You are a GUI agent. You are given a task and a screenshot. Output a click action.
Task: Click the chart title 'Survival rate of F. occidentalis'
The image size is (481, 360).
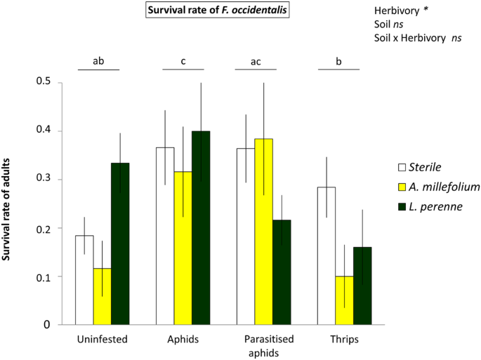coord(216,11)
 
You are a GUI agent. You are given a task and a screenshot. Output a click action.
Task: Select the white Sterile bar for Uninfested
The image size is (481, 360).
coord(84,280)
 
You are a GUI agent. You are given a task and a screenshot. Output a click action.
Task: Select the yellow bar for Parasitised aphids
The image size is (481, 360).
coord(263,232)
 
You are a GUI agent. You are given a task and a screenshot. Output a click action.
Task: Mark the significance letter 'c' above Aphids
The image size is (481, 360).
coord(183,61)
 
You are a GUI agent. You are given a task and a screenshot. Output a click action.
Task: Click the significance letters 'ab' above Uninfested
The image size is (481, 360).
coord(99,61)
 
